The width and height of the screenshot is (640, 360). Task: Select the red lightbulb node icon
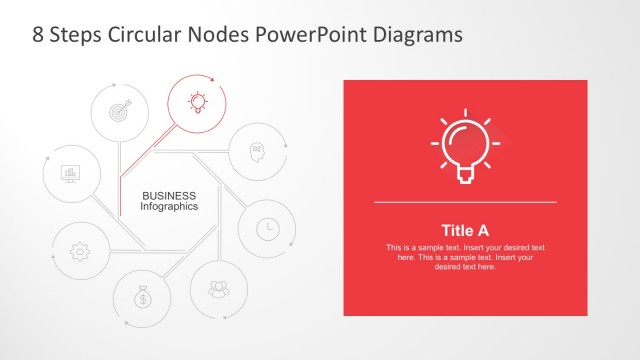197,100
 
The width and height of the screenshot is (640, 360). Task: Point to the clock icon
267,229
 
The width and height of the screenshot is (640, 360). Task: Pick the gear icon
80,251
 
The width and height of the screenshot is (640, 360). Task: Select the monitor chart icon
71,174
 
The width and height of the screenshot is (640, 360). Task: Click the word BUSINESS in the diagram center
169,195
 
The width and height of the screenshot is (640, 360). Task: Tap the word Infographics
169,206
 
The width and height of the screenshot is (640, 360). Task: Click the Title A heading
465,229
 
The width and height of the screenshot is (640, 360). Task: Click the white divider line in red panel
465,202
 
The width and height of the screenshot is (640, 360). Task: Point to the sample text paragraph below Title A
465,257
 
